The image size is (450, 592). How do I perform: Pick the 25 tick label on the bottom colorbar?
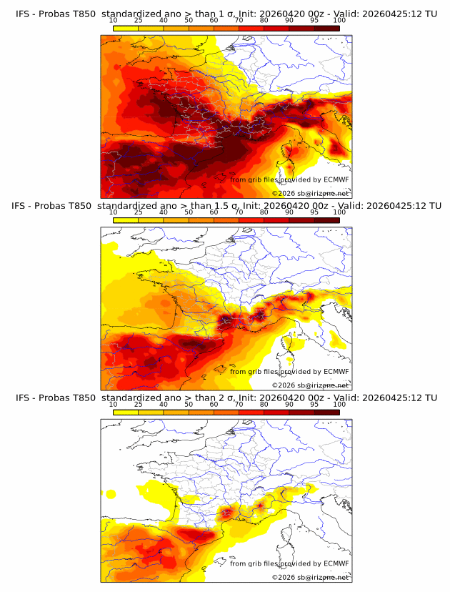tap(138, 405)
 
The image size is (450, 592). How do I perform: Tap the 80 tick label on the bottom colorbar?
tap(264, 405)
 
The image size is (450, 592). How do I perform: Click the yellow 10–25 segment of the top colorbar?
tap(126, 29)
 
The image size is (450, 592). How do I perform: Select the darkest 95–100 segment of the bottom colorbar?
tap(327, 412)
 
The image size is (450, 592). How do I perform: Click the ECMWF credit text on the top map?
tap(289, 180)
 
